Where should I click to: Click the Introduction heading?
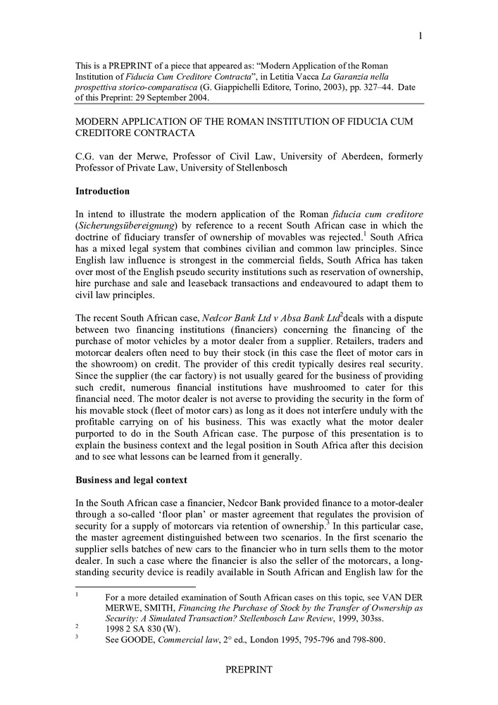[102, 191]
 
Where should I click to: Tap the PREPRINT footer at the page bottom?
[249, 669]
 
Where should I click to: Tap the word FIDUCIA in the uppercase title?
[354, 122]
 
